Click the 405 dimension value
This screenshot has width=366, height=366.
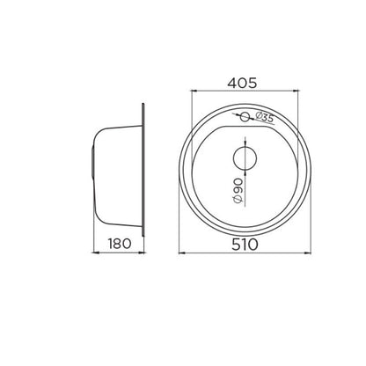(242, 83)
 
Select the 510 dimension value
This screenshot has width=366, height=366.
(245, 245)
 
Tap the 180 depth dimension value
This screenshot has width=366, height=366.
(120, 244)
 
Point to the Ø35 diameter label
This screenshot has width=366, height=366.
(264, 117)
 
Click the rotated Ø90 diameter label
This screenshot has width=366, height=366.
(238, 191)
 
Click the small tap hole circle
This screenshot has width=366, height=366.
(245, 117)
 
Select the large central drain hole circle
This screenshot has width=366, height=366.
(245, 158)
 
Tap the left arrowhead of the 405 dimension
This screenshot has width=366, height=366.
(194, 91)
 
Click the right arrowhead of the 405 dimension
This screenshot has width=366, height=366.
(296, 91)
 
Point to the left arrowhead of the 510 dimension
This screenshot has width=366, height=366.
(181, 253)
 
